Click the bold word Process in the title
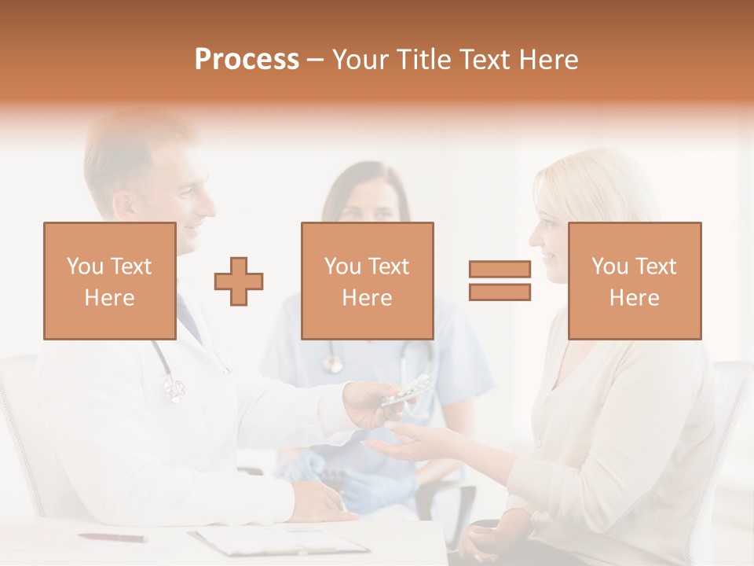[x=247, y=60]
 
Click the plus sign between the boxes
[x=239, y=281]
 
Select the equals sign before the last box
[x=500, y=281]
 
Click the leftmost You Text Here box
[x=110, y=281]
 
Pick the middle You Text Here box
[x=368, y=281]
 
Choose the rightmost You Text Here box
[x=635, y=281]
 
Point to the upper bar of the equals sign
[x=500, y=270]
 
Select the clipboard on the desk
[x=279, y=540]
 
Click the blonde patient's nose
[x=534, y=235]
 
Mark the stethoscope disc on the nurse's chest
[x=333, y=362]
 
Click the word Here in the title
[x=548, y=60]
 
